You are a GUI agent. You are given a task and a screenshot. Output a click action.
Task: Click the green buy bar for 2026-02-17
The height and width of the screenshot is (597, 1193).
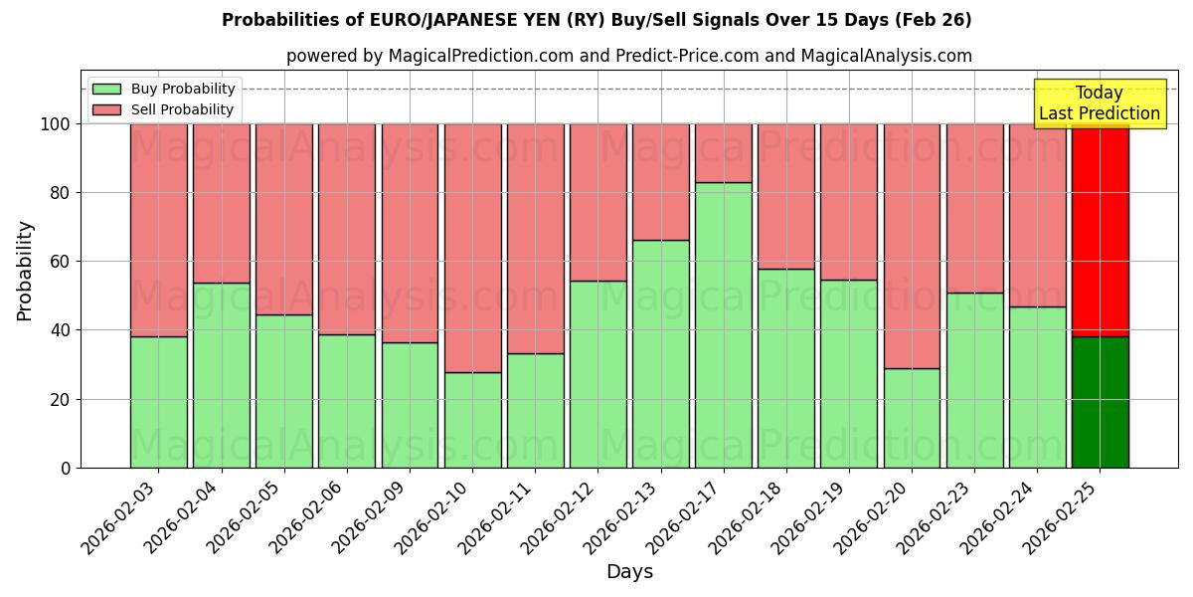point(724,324)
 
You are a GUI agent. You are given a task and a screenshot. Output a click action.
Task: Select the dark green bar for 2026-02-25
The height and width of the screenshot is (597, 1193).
point(1100,402)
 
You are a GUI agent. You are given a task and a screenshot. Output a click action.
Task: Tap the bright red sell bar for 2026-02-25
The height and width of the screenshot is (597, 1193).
point(1100,230)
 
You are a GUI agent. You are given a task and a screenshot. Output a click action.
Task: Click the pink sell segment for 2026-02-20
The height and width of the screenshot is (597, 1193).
point(912,246)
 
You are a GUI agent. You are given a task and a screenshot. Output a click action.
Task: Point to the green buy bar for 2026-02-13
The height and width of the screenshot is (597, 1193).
point(661,353)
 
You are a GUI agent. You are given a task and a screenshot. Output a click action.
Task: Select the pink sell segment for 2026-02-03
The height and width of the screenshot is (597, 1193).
point(158,230)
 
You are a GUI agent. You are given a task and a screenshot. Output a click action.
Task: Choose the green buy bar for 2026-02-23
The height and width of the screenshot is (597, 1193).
point(974,380)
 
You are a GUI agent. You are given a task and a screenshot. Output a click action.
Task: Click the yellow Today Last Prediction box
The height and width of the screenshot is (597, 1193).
point(1099,103)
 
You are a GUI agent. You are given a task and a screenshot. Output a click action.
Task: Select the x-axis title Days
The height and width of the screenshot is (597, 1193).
point(629,572)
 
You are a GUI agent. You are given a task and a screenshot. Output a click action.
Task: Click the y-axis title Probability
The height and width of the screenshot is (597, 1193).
point(25,270)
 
